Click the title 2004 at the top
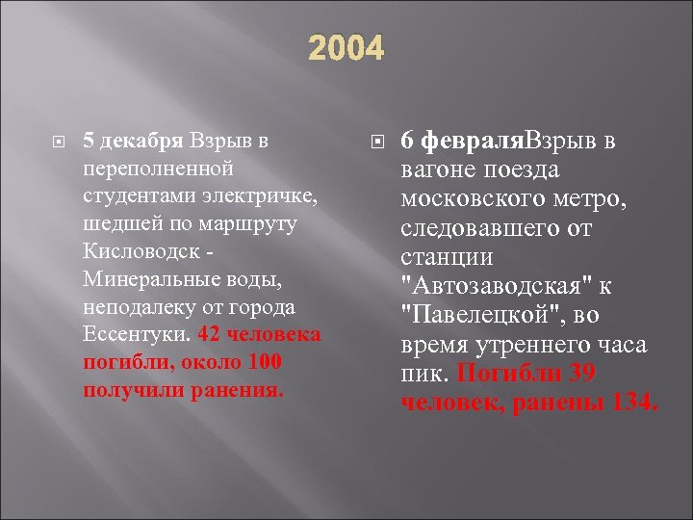point(346,48)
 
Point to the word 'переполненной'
point(159,168)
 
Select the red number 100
point(262,363)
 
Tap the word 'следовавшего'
point(480,229)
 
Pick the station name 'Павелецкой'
point(477,316)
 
